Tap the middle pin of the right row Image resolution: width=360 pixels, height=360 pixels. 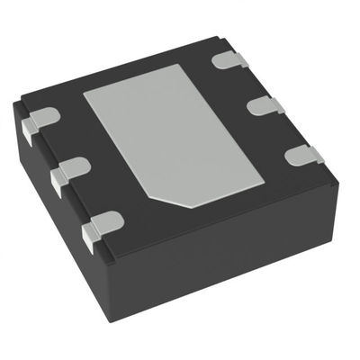pos(266,104)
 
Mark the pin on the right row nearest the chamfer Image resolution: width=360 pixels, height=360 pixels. pos(303,155)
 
